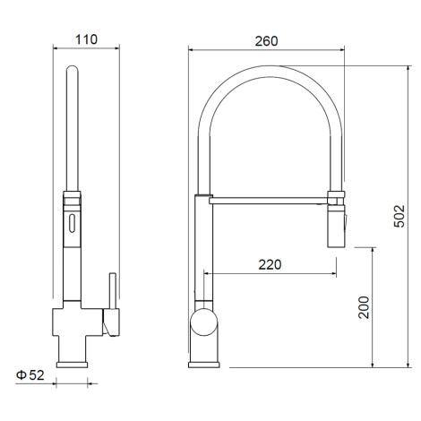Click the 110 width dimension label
86,39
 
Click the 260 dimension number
266,41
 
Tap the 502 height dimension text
400,216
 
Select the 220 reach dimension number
270,264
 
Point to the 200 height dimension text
364,307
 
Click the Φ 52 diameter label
30,375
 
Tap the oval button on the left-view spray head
72,223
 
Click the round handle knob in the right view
204,322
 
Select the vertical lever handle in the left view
113,290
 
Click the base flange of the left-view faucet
72,365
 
